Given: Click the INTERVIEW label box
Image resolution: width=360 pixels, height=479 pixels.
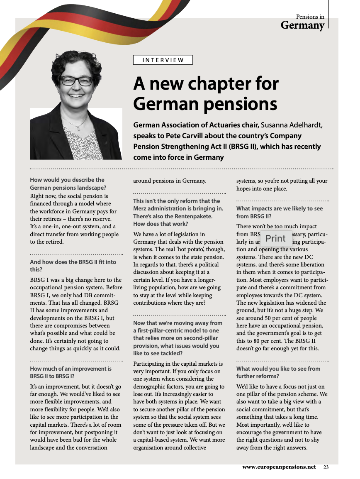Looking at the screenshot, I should [163, 60].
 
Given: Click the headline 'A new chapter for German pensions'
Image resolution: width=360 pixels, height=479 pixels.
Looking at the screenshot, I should [206, 93].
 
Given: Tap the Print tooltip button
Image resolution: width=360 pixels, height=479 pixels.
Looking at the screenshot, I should [275, 238].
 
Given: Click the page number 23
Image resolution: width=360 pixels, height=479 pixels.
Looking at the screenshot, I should [326, 467].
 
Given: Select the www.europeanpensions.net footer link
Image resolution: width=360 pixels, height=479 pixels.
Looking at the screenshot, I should [279, 467].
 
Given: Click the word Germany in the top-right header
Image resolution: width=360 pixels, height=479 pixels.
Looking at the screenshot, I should [302, 25].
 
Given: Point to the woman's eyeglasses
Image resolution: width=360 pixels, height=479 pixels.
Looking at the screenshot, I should [77, 80].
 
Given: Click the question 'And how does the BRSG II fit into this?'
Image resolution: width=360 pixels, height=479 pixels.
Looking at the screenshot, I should [73, 266].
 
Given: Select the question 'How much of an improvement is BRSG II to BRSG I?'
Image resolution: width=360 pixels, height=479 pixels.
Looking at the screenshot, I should [71, 372].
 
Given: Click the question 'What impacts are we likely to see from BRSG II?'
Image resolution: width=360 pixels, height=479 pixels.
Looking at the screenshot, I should [279, 212].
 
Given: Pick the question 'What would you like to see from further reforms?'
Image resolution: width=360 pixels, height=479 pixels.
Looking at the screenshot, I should [278, 372].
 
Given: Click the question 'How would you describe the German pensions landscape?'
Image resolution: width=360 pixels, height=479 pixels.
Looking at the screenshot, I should [68, 183].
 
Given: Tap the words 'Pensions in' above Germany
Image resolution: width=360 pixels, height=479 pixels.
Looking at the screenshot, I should [310, 17].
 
